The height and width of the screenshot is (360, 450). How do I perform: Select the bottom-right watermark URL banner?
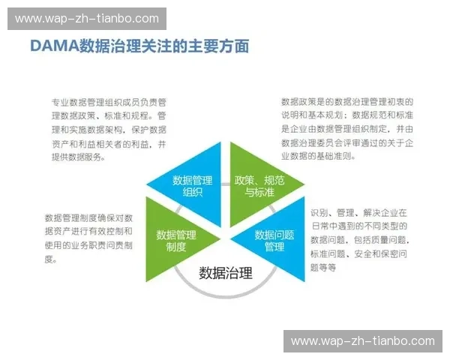(362, 341)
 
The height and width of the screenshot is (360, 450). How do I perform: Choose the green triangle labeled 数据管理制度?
(174, 238)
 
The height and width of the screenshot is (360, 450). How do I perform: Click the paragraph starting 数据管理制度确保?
(88, 238)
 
